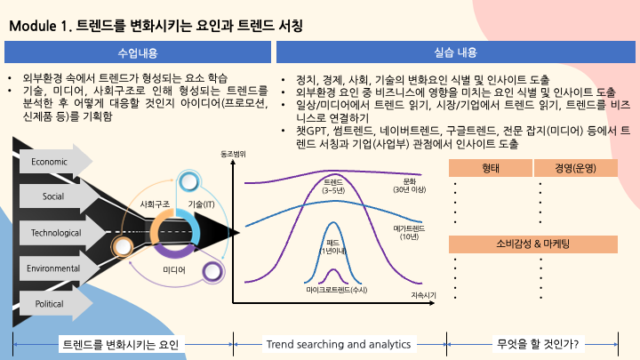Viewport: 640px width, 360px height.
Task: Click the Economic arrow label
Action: pos(48,161)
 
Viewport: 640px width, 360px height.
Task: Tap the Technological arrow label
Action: pos(55,232)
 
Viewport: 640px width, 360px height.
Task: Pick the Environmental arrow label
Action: pos(53,268)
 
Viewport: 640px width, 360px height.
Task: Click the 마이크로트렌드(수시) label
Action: pos(337,291)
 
